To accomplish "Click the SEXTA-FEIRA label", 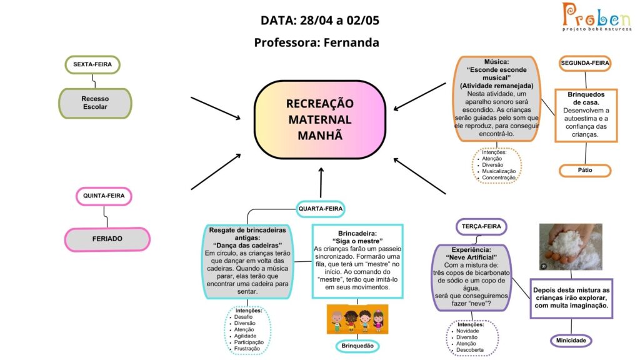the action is [x=92, y=64].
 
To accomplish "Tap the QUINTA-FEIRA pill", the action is [x=104, y=196].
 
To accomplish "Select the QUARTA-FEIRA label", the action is [x=321, y=209].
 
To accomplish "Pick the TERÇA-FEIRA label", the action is [x=481, y=226].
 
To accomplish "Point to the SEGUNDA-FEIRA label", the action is [x=585, y=63].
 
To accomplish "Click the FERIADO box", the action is [x=107, y=239].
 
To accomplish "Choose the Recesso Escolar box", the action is [x=95, y=103].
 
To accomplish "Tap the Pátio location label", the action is [x=585, y=170].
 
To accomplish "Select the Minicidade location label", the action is [x=571, y=341].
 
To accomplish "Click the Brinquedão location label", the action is [x=357, y=346].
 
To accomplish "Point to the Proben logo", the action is [x=596, y=17].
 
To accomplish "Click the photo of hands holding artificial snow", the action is [x=571, y=246].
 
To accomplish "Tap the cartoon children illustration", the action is [x=357, y=319].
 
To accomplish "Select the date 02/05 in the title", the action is [x=363, y=21].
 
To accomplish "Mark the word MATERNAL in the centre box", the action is [x=320, y=119].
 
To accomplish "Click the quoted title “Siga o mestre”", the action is [x=357, y=241].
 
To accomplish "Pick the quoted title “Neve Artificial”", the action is [x=471, y=257].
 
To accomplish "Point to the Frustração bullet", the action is [x=246, y=349].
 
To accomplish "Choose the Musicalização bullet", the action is [x=498, y=171].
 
